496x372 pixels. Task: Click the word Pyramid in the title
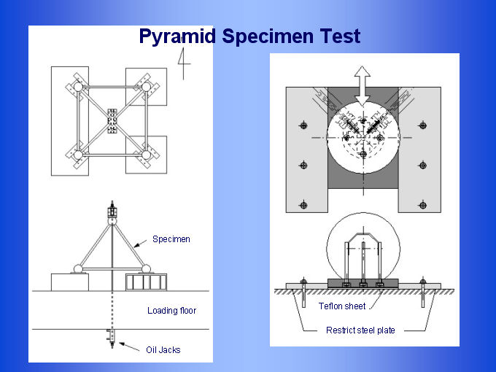pos(177,36)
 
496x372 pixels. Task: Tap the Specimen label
pos(171,239)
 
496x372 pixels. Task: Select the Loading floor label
pos(171,310)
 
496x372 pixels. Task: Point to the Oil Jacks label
pos(163,350)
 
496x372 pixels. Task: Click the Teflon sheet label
pos(342,306)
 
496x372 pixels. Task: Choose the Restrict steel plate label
pos(360,330)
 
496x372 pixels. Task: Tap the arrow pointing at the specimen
pos(140,244)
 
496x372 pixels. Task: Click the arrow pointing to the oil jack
pos(129,346)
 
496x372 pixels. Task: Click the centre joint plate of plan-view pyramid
pos(112,121)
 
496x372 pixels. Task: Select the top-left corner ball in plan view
pos(78,87)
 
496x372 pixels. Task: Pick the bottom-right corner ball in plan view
pos(146,155)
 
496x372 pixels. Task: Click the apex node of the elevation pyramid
pos(112,220)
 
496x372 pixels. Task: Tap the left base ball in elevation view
pos(78,269)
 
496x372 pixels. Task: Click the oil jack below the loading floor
pos(112,338)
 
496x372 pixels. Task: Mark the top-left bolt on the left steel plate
pos(303,125)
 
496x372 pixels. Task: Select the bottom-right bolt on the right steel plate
pos(422,205)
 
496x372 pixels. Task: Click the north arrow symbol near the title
pos(184,63)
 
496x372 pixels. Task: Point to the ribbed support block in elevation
pos(146,282)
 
